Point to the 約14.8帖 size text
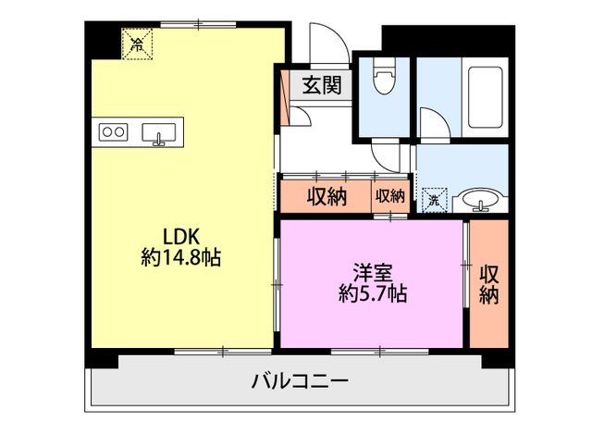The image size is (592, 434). point(181,257)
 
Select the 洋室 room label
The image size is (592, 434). point(373,273)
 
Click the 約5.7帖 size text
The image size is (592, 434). point(373,294)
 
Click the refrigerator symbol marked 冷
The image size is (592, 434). point(137,43)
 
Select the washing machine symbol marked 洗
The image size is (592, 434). point(433,199)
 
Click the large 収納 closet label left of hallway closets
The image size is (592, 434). point(327,196)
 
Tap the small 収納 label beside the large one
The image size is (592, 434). point(389,196)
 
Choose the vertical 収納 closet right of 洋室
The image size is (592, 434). point(488,284)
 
